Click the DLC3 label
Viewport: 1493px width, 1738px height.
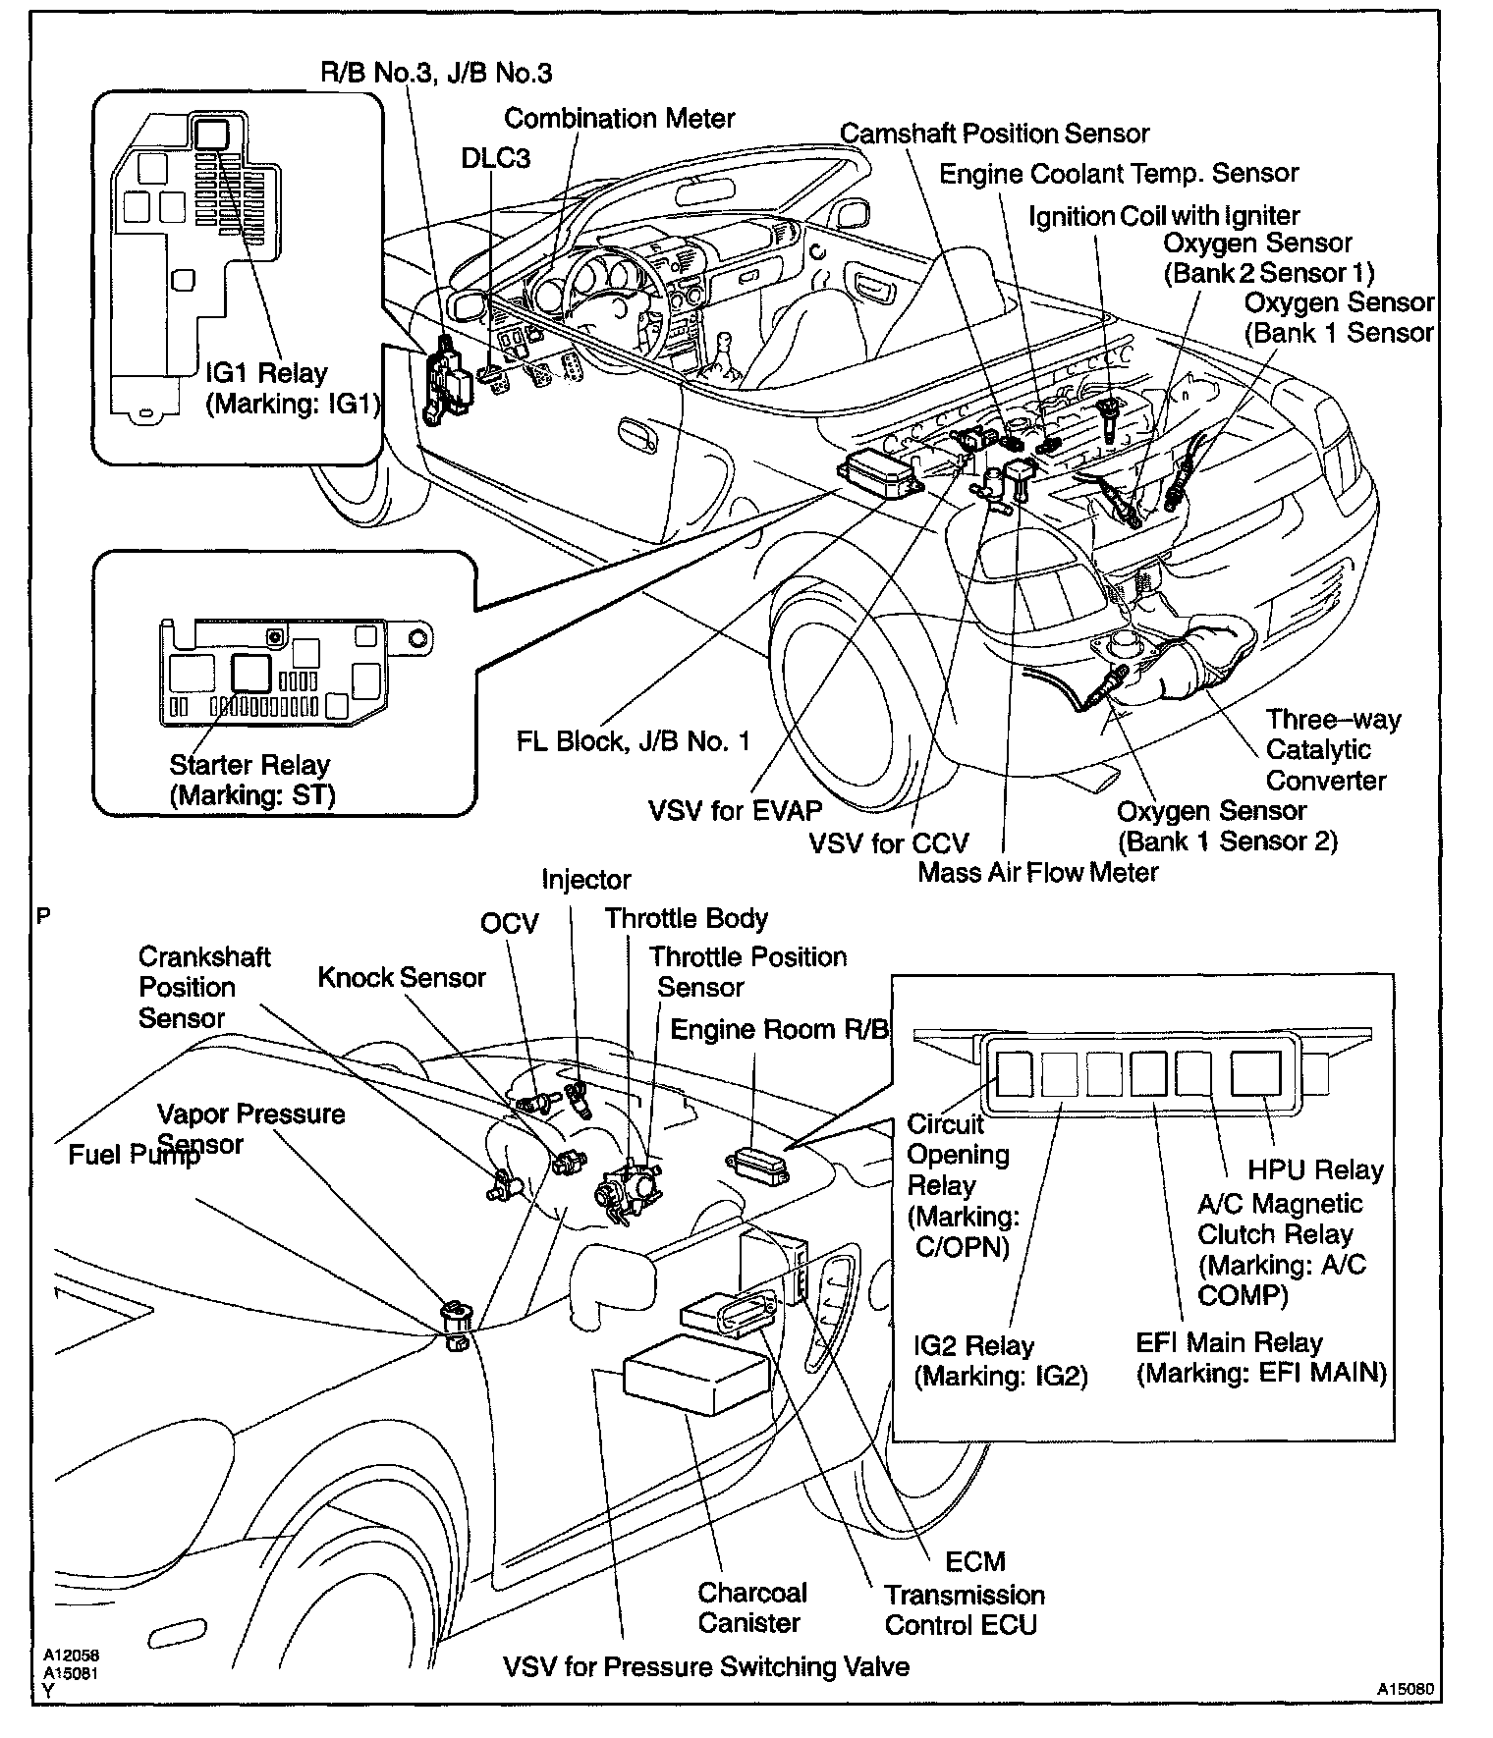[x=496, y=159]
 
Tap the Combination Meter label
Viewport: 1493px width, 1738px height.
[x=619, y=119]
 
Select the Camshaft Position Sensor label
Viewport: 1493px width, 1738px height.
[x=994, y=134]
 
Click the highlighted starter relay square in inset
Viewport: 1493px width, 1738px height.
[x=251, y=675]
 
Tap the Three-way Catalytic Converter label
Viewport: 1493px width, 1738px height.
[x=1332, y=750]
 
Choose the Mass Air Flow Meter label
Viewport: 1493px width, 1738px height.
[x=1038, y=872]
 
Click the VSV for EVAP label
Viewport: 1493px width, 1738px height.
[x=735, y=811]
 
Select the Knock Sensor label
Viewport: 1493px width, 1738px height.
[x=402, y=977]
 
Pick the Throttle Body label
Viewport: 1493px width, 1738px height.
[x=686, y=919]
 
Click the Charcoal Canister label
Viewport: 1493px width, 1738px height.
[x=751, y=1607]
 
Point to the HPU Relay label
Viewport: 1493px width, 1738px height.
[x=1315, y=1170]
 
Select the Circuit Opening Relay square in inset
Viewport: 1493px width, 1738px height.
[x=1013, y=1073]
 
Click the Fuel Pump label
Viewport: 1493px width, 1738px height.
[x=133, y=1155]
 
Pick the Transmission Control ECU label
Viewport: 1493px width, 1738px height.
[x=964, y=1610]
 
